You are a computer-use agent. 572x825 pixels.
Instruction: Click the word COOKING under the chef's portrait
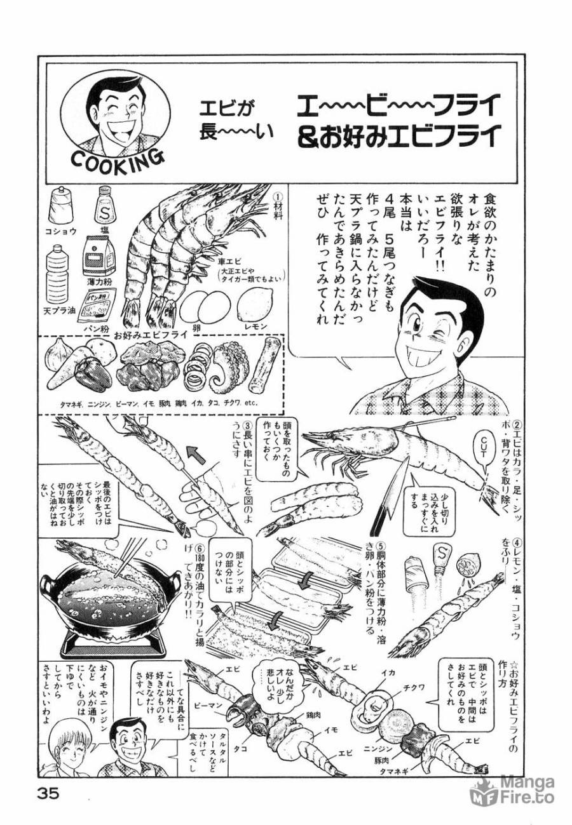[117, 158]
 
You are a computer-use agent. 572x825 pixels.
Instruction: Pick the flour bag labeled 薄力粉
[99, 257]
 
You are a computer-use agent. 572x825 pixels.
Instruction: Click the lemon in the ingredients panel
[254, 305]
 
